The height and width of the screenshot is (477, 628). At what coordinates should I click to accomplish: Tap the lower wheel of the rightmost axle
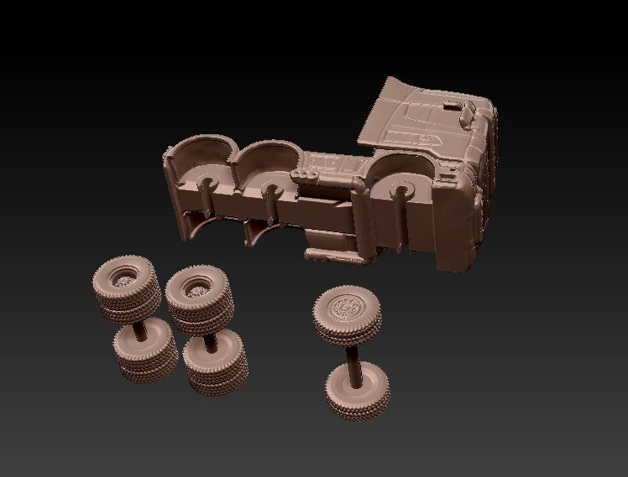358,390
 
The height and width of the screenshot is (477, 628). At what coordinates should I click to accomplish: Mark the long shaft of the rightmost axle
353,352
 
